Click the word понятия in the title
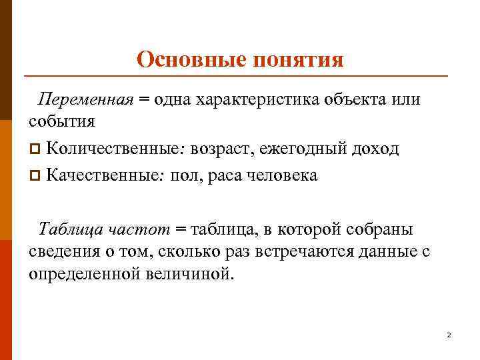pyautogui.click(x=298, y=61)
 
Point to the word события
pyautogui.click(x=61, y=121)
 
